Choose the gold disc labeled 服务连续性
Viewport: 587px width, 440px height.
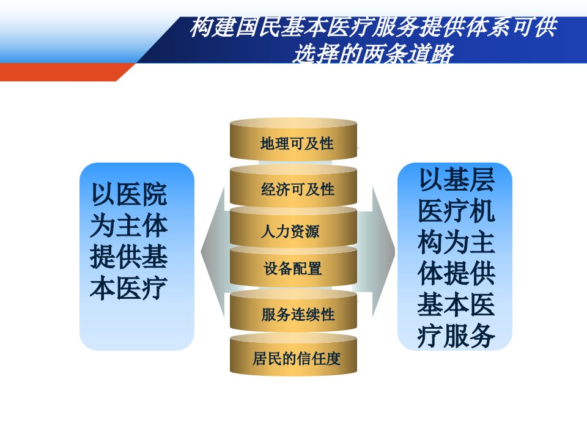point(293,310)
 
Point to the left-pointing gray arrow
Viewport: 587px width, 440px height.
point(215,251)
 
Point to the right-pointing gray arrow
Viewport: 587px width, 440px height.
point(378,251)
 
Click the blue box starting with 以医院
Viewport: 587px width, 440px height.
point(137,256)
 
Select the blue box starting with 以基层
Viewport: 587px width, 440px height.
point(454,256)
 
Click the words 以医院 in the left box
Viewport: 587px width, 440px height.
point(129,194)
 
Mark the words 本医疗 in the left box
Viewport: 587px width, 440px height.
point(129,288)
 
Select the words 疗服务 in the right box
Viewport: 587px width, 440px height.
point(456,335)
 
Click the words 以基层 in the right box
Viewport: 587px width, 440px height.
point(456,180)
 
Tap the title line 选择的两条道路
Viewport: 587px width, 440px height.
point(373,53)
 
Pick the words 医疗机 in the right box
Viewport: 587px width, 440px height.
point(456,211)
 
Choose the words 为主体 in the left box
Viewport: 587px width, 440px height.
point(129,226)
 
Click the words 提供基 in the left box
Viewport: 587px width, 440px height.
point(129,257)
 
